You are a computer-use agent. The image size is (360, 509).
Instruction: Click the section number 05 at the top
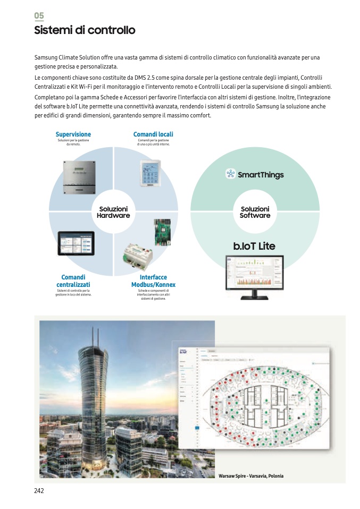coord(39,15)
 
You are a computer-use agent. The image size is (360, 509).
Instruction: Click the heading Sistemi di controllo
coord(85,30)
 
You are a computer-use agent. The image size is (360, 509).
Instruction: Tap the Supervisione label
coord(73,134)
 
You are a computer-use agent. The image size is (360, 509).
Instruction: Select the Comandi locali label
coord(153,134)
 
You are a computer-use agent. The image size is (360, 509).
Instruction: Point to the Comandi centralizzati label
coord(73,281)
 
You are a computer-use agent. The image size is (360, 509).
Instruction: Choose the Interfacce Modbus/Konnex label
coord(153,281)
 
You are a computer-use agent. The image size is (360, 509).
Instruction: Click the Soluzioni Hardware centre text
coord(113,213)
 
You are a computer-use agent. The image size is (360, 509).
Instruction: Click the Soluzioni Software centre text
coord(255,213)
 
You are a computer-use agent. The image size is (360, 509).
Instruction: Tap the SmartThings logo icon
coord(230,174)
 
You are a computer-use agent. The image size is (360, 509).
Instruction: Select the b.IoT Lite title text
coord(254,246)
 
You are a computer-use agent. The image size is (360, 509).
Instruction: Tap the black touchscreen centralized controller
coord(76,243)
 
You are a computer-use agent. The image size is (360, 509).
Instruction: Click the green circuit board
coord(162,232)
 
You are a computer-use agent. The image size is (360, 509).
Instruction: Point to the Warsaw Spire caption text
coord(251,476)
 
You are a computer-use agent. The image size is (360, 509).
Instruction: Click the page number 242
coord(39,491)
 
